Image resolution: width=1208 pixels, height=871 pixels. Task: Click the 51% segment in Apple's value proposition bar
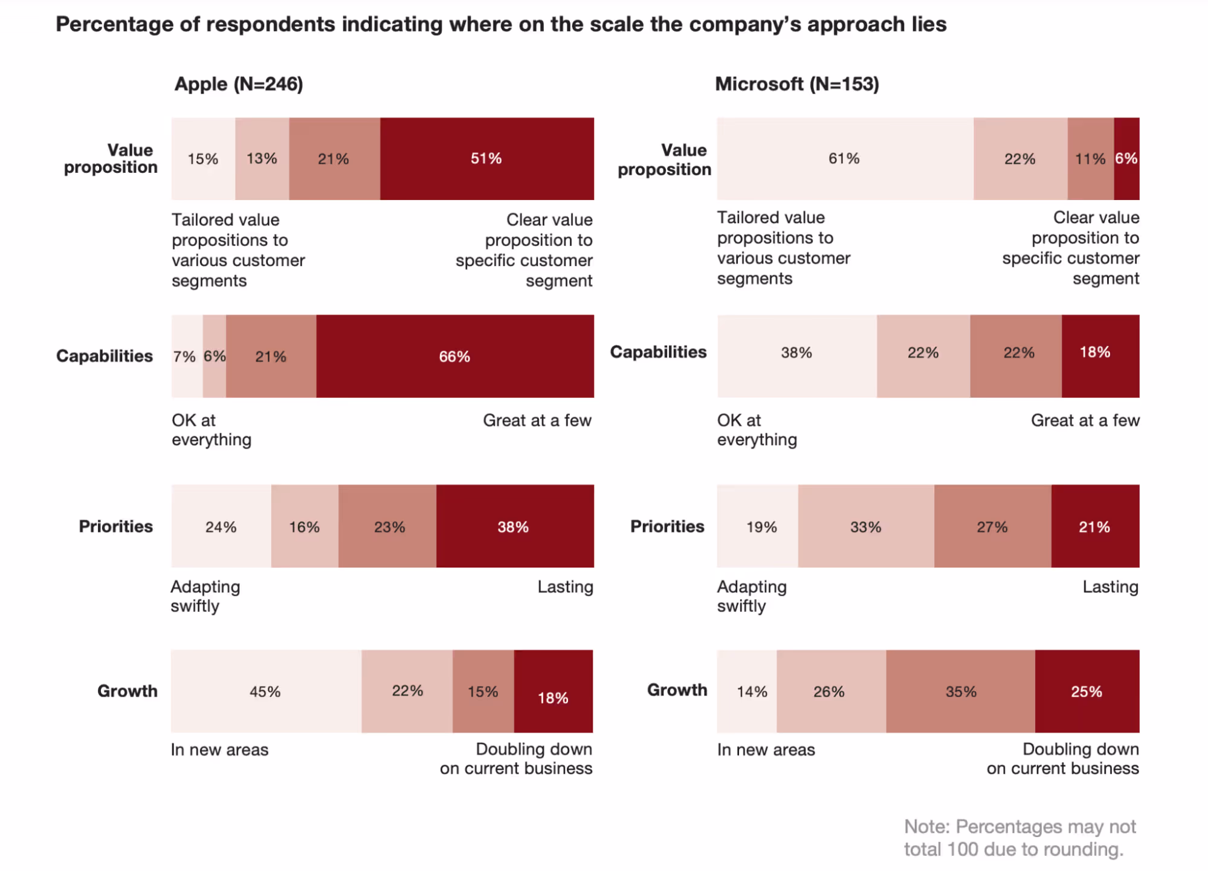[486, 158]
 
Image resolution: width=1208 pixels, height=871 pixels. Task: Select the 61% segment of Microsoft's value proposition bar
[844, 158]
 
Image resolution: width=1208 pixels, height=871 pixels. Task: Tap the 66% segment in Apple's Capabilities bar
[454, 356]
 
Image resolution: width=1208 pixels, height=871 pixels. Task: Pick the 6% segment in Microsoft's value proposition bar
[1126, 158]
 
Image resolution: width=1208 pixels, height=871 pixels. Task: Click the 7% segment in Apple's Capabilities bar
[185, 356]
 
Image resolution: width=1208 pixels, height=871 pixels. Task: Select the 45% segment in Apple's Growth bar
[265, 691]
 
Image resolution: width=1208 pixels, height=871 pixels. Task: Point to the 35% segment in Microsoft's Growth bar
[960, 691]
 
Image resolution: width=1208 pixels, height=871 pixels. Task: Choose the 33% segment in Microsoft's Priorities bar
[865, 526]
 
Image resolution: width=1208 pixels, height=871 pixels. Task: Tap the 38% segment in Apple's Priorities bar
[514, 526]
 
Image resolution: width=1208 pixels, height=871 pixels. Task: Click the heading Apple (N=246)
[239, 83]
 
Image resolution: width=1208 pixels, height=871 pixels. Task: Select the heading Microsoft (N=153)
[796, 83]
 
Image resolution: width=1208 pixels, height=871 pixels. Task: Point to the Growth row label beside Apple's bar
[127, 690]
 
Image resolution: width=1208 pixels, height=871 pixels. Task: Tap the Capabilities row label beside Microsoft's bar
[657, 352]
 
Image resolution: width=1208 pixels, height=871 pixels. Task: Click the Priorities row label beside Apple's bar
[115, 526]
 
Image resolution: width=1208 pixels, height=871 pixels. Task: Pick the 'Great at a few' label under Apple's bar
[537, 420]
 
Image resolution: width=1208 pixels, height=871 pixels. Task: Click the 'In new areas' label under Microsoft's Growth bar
[766, 750]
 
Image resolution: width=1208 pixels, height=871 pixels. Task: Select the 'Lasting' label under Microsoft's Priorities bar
[1110, 586]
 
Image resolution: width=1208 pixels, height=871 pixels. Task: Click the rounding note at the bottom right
[1019, 838]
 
